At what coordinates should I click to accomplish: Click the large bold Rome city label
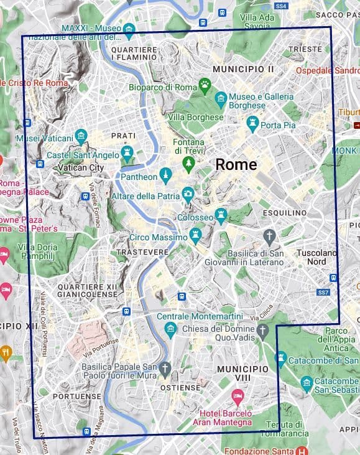point(236,164)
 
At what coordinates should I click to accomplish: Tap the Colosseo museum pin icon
point(221,216)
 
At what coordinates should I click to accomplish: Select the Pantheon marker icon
point(165,175)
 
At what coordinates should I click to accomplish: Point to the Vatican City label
point(80,167)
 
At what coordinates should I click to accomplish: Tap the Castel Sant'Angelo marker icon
point(127,152)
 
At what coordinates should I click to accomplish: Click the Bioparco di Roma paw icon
point(204,83)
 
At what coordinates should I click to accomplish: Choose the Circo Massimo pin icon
point(196,235)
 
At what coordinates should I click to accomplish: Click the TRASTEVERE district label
point(142,252)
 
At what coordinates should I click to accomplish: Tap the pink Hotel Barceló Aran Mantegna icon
point(237,396)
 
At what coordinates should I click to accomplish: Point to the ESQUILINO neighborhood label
point(285,213)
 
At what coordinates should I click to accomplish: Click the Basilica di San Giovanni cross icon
point(269,237)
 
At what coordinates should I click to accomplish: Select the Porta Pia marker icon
point(252,123)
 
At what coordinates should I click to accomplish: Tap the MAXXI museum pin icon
point(129,29)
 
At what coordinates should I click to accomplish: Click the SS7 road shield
point(323,292)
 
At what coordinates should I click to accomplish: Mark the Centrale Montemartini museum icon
point(171,329)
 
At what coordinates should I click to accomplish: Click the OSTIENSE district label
point(180,387)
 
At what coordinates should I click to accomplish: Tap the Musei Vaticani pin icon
point(80,136)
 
